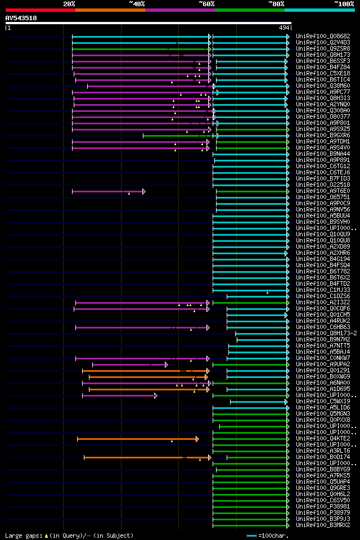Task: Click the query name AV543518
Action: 21,18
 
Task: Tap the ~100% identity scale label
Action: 343,3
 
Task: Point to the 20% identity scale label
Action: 69,3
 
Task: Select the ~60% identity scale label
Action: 206,3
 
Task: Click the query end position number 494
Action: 284,28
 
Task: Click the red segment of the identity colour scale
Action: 40,10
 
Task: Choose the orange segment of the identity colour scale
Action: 110,10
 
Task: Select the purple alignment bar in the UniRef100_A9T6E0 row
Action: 107,191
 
